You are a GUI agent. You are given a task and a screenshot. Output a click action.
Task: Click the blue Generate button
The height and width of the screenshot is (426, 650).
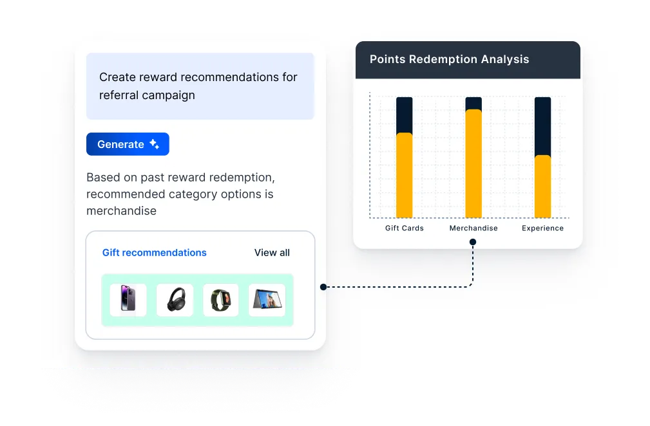[128, 144]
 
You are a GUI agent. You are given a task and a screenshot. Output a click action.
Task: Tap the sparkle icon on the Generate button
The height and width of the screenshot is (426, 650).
[155, 144]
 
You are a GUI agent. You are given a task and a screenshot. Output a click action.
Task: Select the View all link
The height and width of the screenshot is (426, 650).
[272, 253]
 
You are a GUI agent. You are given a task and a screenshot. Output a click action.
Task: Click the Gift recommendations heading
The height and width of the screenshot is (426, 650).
[155, 253]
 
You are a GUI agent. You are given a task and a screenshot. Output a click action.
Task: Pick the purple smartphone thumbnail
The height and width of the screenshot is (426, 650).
[128, 300]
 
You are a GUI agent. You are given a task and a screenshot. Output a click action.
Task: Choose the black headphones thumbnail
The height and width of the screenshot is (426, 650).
[175, 300]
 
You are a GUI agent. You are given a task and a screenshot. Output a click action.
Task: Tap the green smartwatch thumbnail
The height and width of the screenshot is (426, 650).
[221, 300]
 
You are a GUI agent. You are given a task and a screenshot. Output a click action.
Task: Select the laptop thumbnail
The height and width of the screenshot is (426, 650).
[267, 300]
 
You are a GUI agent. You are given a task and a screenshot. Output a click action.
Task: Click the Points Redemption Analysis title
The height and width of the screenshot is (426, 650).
[449, 59]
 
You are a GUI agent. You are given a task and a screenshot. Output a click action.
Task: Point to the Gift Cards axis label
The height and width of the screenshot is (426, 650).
[405, 228]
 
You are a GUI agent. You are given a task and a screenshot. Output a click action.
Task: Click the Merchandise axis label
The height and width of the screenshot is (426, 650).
[473, 228]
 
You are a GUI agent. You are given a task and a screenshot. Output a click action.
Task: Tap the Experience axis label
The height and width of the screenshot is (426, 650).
[542, 228]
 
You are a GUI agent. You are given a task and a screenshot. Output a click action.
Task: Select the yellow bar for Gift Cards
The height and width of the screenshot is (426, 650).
[405, 175]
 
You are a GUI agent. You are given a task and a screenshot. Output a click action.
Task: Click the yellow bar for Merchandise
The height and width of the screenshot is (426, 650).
[473, 163]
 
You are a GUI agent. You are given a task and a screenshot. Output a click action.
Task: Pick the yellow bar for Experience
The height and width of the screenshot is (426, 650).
[542, 187]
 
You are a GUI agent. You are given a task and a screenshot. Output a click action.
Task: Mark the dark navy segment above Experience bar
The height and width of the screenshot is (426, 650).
[542, 126]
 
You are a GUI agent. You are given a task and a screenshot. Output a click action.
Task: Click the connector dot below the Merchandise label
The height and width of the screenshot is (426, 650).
[473, 243]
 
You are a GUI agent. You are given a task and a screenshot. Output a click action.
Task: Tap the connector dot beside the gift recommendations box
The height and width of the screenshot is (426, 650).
[323, 287]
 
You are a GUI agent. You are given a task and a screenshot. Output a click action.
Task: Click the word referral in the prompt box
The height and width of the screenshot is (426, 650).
[120, 95]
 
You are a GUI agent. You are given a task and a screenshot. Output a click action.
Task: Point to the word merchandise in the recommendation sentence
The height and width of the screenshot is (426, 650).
[121, 211]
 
